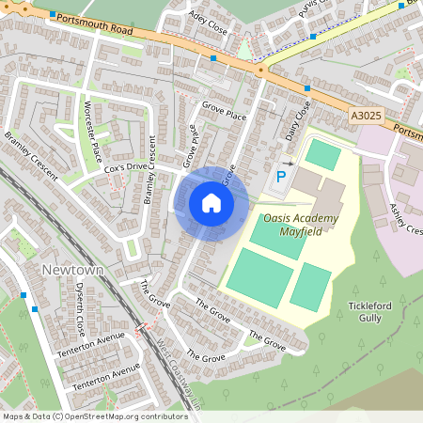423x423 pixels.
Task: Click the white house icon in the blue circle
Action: tap(211, 203)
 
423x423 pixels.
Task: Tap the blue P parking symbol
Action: tap(280, 177)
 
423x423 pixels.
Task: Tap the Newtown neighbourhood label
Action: tap(70, 270)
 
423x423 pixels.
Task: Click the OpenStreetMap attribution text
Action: tap(94, 415)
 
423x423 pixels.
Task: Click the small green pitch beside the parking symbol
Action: tap(321, 155)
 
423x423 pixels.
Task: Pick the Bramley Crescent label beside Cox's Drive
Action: tap(149, 170)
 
